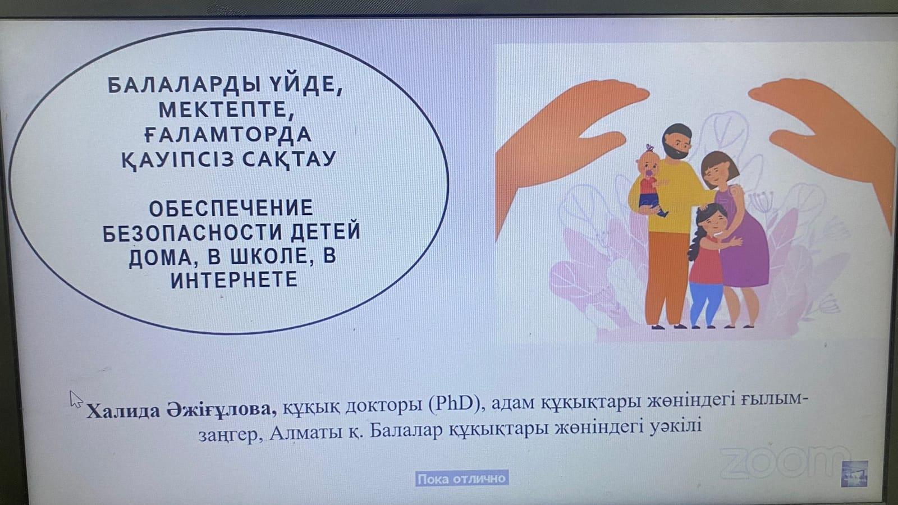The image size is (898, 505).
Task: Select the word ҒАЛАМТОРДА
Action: click(228, 134)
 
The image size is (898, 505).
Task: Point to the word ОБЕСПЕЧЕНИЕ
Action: click(231, 208)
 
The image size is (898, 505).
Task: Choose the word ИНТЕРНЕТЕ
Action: click(234, 279)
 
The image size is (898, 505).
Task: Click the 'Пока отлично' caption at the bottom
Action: click(461, 479)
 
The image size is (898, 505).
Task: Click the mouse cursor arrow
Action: click(76, 399)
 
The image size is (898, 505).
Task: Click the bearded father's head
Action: click(677, 141)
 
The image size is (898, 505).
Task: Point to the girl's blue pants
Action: click(705, 303)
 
